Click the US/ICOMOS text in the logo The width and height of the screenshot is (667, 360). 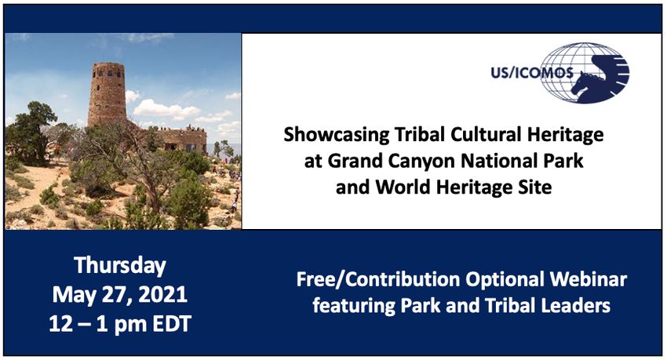532,73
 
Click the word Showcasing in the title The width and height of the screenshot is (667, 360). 336,136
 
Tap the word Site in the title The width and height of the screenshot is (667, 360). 537,187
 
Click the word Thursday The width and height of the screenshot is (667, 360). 120,266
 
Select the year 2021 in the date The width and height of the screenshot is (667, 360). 163,295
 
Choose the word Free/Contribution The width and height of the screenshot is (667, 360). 377,280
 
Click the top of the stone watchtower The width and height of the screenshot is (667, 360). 108,64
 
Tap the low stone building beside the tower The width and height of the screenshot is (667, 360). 183,140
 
